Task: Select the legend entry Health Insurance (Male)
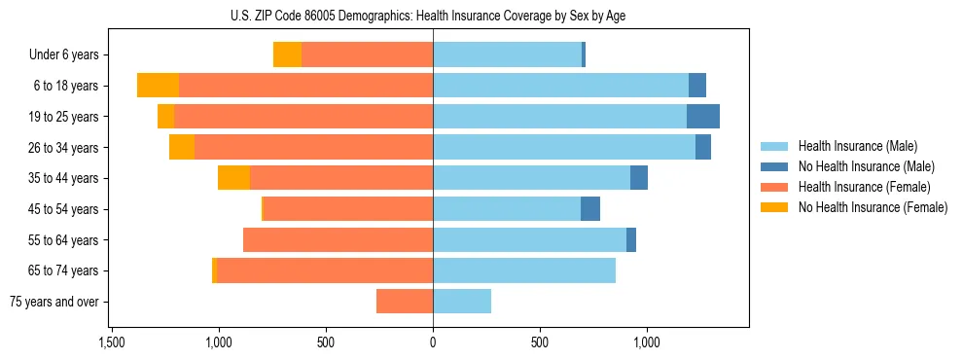point(857,146)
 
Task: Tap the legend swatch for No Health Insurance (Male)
point(774,166)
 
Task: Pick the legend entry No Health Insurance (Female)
point(873,207)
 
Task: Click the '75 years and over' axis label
point(54,302)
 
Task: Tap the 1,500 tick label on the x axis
point(112,342)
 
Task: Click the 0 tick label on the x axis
point(433,342)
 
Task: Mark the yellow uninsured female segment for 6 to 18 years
point(158,86)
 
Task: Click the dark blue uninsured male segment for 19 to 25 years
point(703,117)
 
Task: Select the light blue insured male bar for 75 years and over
point(462,302)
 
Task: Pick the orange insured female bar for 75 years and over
point(405,302)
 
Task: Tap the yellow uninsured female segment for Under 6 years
point(287,55)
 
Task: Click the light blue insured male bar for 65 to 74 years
point(524,270)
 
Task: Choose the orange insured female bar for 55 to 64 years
point(338,240)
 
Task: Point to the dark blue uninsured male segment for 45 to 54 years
point(590,209)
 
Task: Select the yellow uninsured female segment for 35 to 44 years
point(233,178)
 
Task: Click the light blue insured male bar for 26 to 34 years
point(564,148)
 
